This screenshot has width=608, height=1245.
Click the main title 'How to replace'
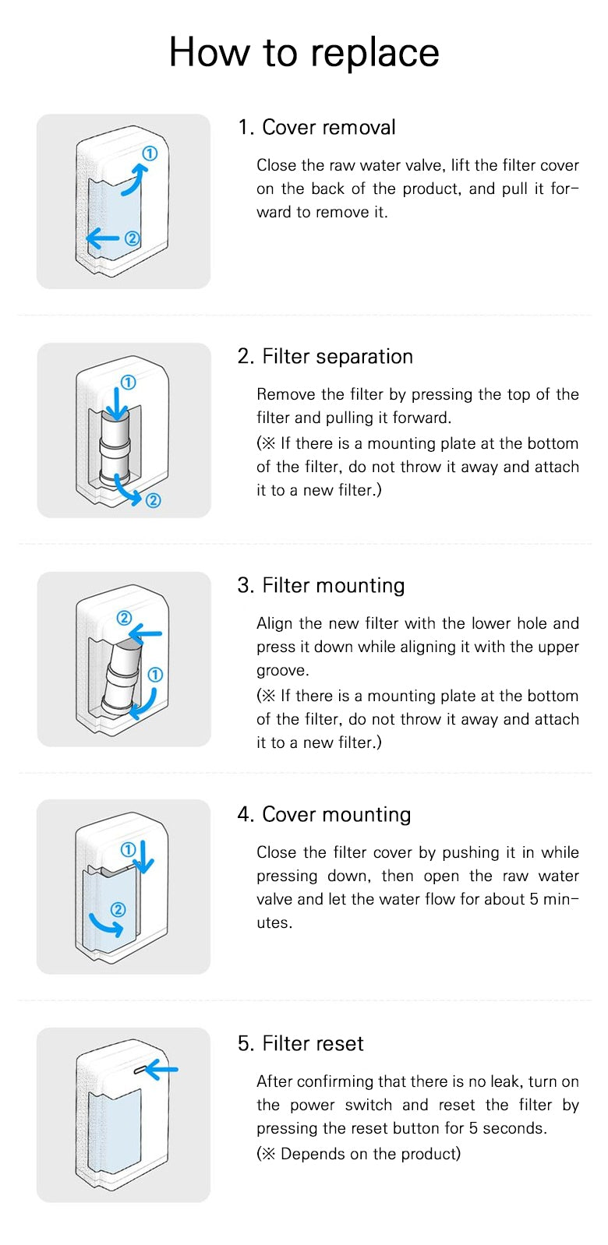pyautogui.click(x=304, y=52)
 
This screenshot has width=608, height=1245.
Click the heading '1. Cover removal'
pyautogui.click(x=316, y=127)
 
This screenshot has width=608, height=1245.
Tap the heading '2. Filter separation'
pyautogui.click(x=325, y=356)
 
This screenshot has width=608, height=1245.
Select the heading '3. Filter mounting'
pyautogui.click(x=321, y=585)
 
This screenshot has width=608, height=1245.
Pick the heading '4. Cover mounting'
pyautogui.click(x=324, y=814)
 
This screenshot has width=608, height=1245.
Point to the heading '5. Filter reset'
pyautogui.click(x=301, y=1043)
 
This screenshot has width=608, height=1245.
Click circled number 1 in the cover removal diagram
pyautogui.click(x=150, y=153)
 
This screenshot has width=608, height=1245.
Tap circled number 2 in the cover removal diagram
pyautogui.click(x=132, y=238)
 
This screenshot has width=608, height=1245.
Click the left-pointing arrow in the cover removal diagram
pyautogui.click(x=103, y=238)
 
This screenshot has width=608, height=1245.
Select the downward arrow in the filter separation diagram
pyautogui.click(x=116, y=404)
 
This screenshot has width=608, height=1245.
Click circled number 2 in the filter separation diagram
pyautogui.click(x=153, y=500)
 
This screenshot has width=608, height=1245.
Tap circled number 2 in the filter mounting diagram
pyautogui.click(x=124, y=618)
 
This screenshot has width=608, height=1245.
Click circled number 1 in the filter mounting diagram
pyautogui.click(x=155, y=674)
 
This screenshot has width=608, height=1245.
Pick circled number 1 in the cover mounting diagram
pyautogui.click(x=129, y=849)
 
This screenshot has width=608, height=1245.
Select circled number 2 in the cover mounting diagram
pyautogui.click(x=118, y=909)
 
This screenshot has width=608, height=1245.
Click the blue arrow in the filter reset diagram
pyautogui.click(x=162, y=1070)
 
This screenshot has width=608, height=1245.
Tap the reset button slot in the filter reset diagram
pyautogui.click(x=140, y=1071)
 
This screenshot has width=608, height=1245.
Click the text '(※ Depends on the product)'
pyautogui.click(x=359, y=1154)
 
